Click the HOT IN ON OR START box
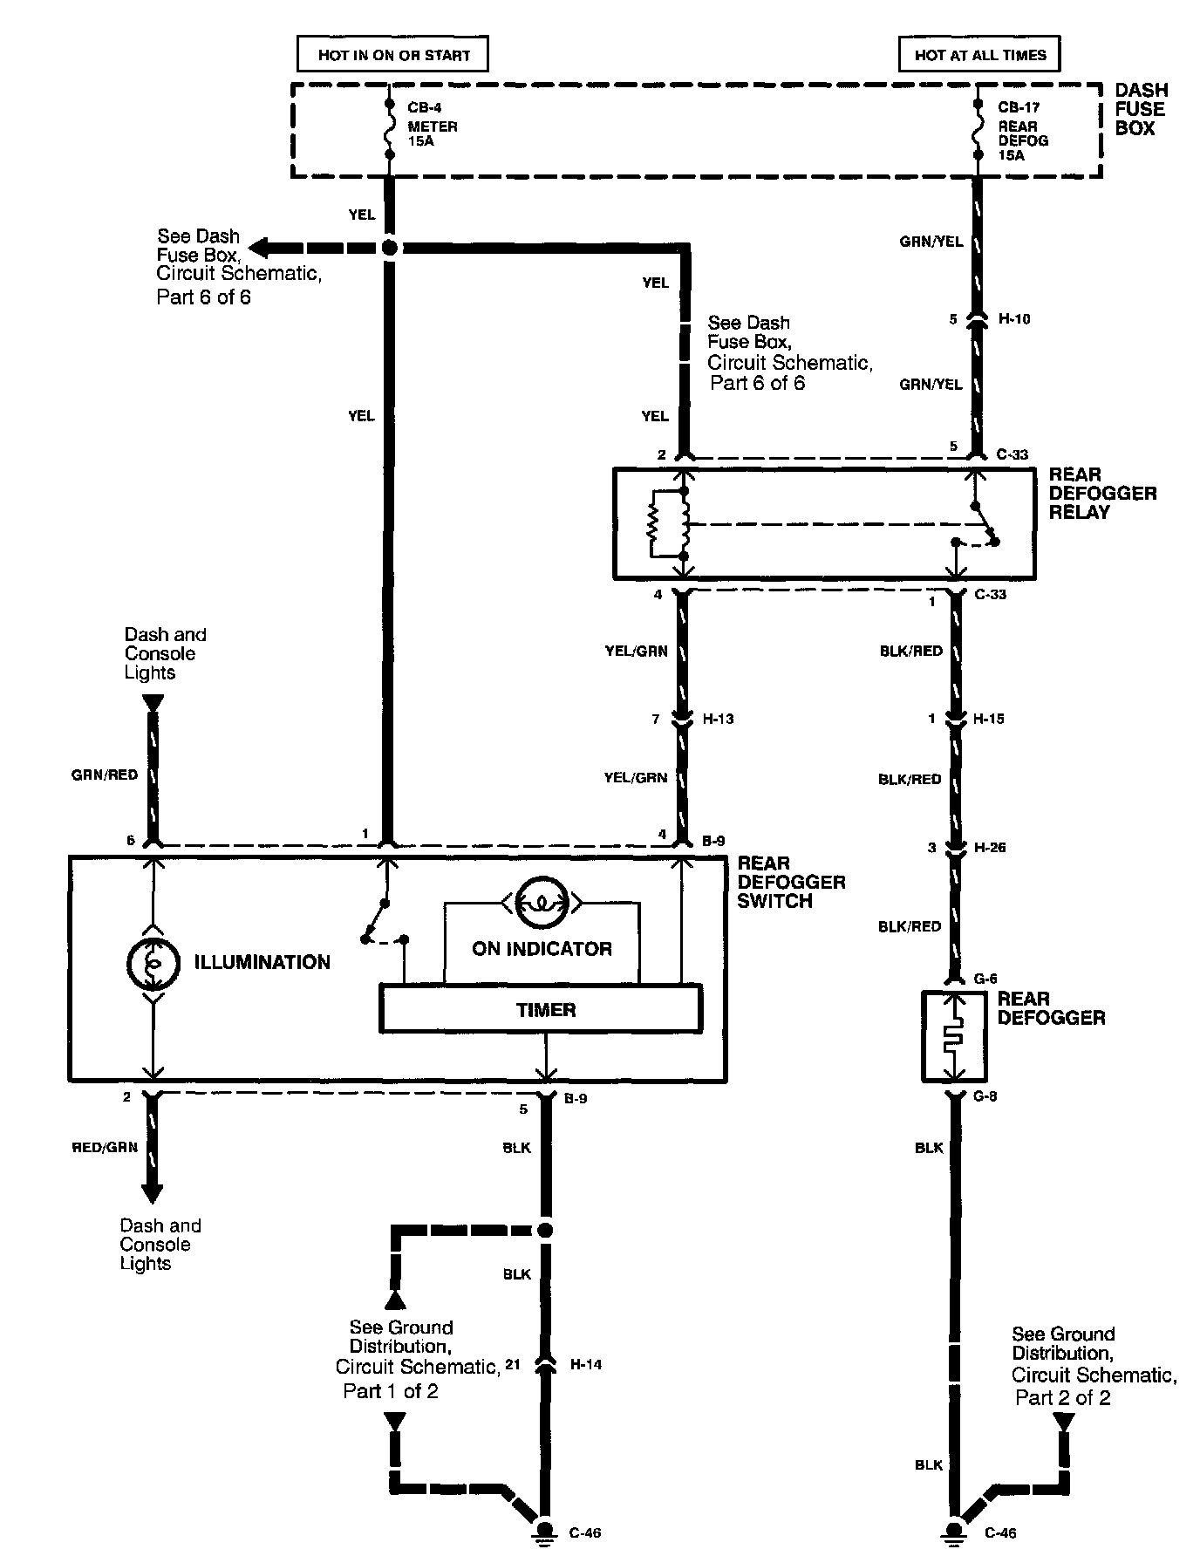pyautogui.click(x=392, y=55)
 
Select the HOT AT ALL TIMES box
pyautogui.click(x=979, y=55)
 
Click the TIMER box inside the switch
pyautogui.click(x=541, y=1009)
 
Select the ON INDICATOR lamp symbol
pyautogui.click(x=542, y=903)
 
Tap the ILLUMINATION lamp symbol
pyautogui.click(x=153, y=962)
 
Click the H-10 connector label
pyautogui.click(x=1014, y=319)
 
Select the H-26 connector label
pyautogui.click(x=989, y=847)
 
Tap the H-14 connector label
pyautogui.click(x=585, y=1364)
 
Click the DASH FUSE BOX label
pyautogui.click(x=1141, y=109)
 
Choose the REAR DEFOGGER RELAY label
pyautogui.click(x=1102, y=493)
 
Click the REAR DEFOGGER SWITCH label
pyautogui.click(x=791, y=882)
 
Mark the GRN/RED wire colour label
pyautogui.click(x=105, y=775)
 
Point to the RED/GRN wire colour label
pyautogui.click(x=105, y=1147)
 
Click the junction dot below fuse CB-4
pyautogui.click(x=390, y=249)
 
